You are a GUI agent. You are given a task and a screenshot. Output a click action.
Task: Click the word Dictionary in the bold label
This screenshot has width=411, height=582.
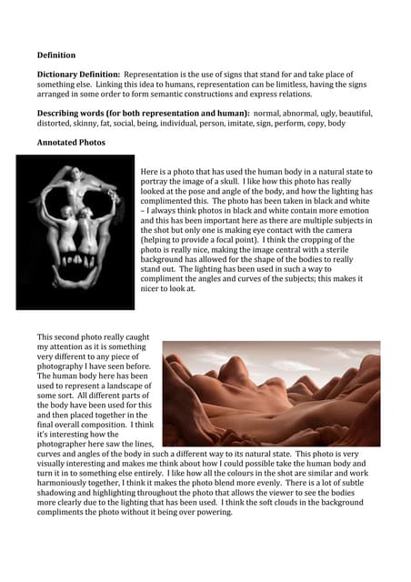[58, 74]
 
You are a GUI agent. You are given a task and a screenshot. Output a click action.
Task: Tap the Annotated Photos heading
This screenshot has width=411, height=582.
[70, 143]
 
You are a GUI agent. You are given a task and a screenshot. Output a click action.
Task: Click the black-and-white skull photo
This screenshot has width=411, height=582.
[75, 232]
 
